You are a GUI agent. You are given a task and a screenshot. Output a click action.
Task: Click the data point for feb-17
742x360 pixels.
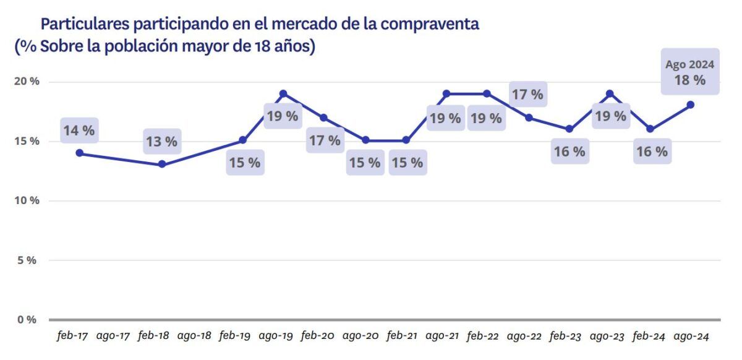click(79, 153)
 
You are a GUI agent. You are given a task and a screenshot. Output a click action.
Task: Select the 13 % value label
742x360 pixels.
click(161, 142)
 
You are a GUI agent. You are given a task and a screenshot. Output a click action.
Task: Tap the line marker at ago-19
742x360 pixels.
click(283, 93)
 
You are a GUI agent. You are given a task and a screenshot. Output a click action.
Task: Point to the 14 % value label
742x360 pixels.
click(79, 131)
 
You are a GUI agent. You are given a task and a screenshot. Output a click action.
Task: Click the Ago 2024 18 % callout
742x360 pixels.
click(690, 72)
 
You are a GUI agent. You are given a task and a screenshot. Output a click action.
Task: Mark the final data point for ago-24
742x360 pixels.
click(691, 105)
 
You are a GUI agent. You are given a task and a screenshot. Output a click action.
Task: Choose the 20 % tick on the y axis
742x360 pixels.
click(26, 82)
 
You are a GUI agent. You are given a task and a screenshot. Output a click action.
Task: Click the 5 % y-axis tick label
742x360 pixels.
click(26, 260)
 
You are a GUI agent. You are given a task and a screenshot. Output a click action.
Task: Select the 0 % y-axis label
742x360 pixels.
click(26, 320)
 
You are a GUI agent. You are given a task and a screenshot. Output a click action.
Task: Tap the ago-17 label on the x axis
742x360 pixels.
click(113, 336)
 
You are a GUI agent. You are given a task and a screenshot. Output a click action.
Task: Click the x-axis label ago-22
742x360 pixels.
click(525, 336)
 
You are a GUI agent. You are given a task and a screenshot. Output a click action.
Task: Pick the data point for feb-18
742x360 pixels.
click(161, 165)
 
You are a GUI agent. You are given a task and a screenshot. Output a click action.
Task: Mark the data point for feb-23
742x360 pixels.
click(569, 129)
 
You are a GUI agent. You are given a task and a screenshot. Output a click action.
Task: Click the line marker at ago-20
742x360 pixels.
click(365, 140)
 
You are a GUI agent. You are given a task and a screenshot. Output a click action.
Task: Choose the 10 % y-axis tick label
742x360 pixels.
click(26, 201)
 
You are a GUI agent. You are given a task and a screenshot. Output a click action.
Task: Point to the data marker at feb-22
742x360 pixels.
click(487, 93)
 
